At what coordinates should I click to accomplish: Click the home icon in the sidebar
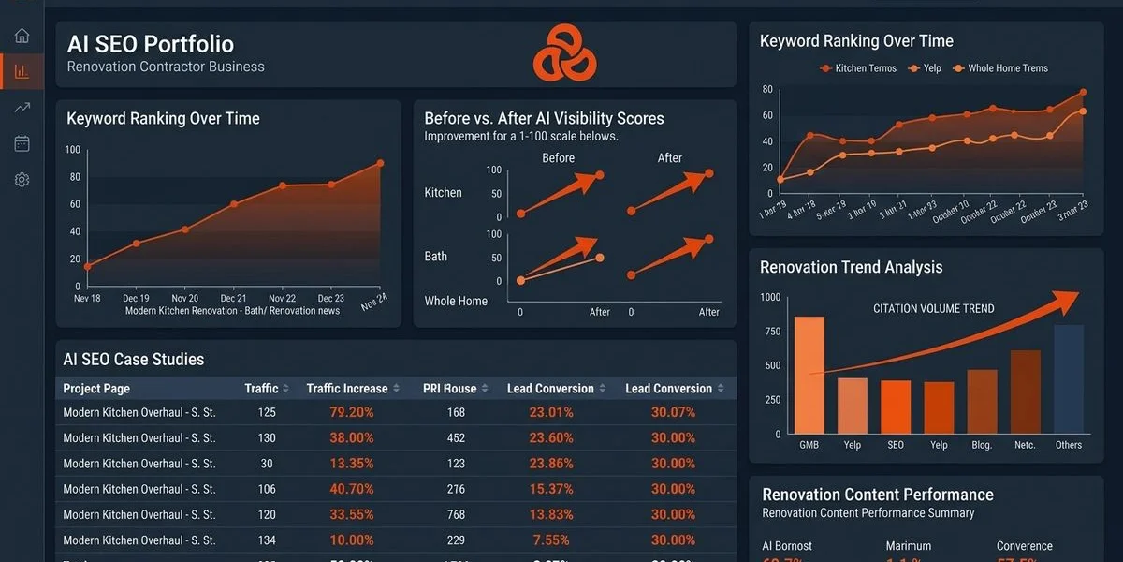[x=22, y=36]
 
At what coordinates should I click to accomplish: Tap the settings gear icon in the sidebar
[x=22, y=179]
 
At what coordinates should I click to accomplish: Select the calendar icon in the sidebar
[x=22, y=143]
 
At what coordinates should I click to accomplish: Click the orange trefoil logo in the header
[x=564, y=52]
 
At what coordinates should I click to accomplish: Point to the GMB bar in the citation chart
[x=809, y=375]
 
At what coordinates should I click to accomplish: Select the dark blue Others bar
[x=1068, y=378]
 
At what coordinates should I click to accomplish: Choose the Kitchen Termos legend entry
[x=858, y=68]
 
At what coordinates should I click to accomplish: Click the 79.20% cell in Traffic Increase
[x=351, y=412]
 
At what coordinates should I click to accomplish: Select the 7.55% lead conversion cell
[x=551, y=540]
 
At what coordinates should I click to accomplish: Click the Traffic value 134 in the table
[x=266, y=540]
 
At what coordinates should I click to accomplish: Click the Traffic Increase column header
[x=346, y=389]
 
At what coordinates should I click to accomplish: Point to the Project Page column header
[x=96, y=389]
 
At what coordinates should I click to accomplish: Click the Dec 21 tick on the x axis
[x=233, y=298]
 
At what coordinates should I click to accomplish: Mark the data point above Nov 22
[x=282, y=185]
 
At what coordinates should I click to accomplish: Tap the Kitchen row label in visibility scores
[x=443, y=193]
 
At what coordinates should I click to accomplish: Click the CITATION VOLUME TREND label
[x=933, y=309]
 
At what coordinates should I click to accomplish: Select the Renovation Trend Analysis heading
[x=851, y=268]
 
